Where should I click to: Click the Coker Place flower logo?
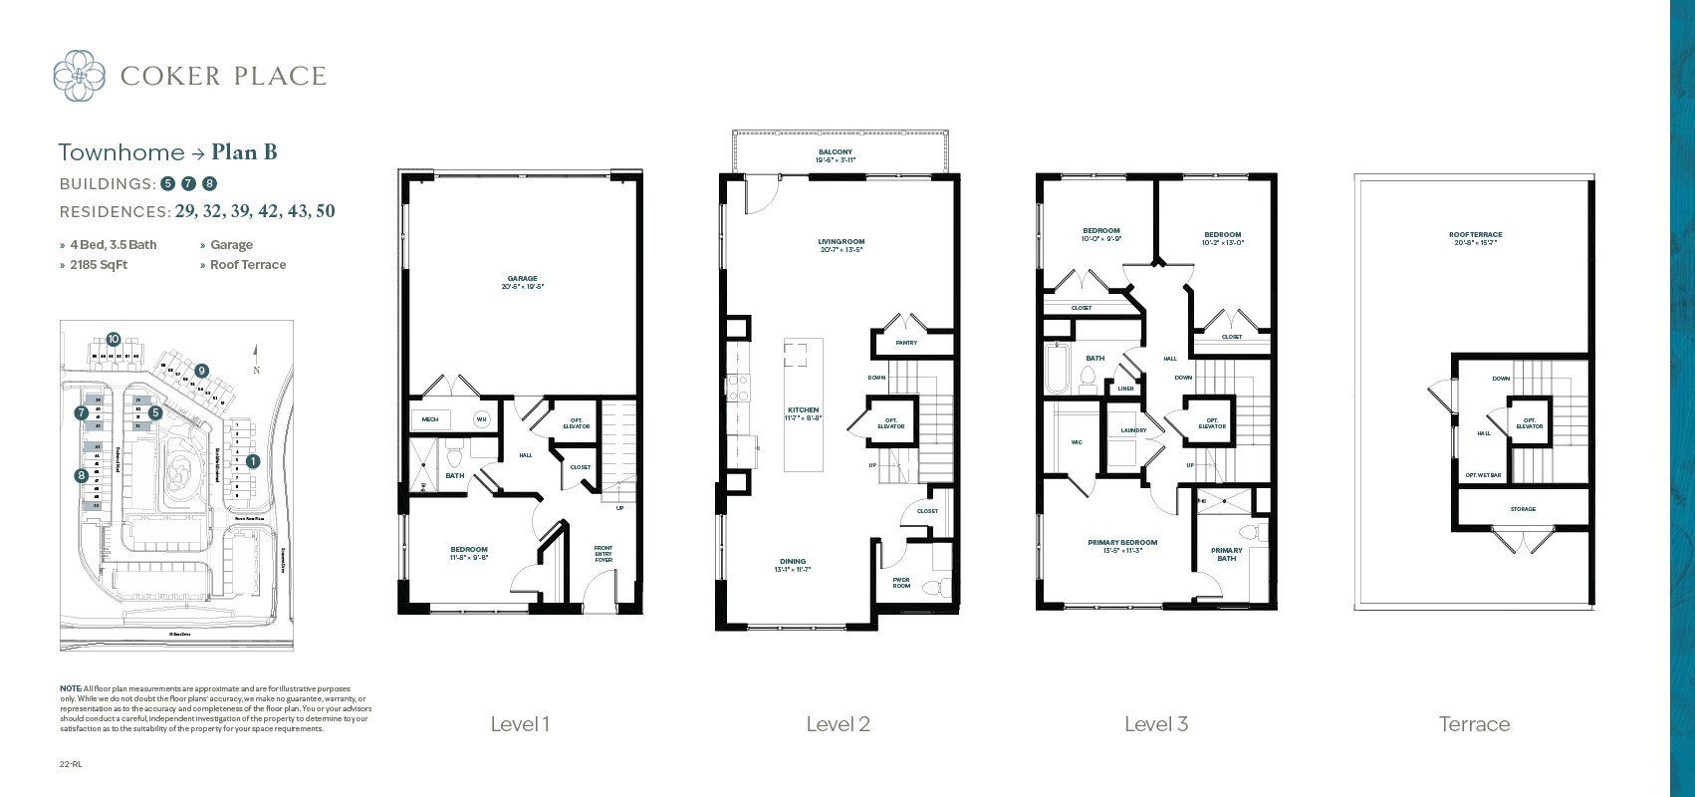pyautogui.click(x=79, y=76)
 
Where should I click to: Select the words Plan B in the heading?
pyautogui.click(x=244, y=152)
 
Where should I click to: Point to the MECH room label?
pyautogui.click(x=430, y=420)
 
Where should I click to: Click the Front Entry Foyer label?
pyautogui.click(x=604, y=554)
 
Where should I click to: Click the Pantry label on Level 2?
pyautogui.click(x=906, y=343)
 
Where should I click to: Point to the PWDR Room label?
pyautogui.click(x=901, y=582)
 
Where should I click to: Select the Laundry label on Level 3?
pyautogui.click(x=1133, y=430)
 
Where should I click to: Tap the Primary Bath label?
pyautogui.click(x=1226, y=554)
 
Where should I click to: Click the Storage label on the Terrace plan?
pyautogui.click(x=1522, y=509)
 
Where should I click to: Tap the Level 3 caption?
pyautogui.click(x=1155, y=724)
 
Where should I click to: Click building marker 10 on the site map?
pyautogui.click(x=114, y=340)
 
